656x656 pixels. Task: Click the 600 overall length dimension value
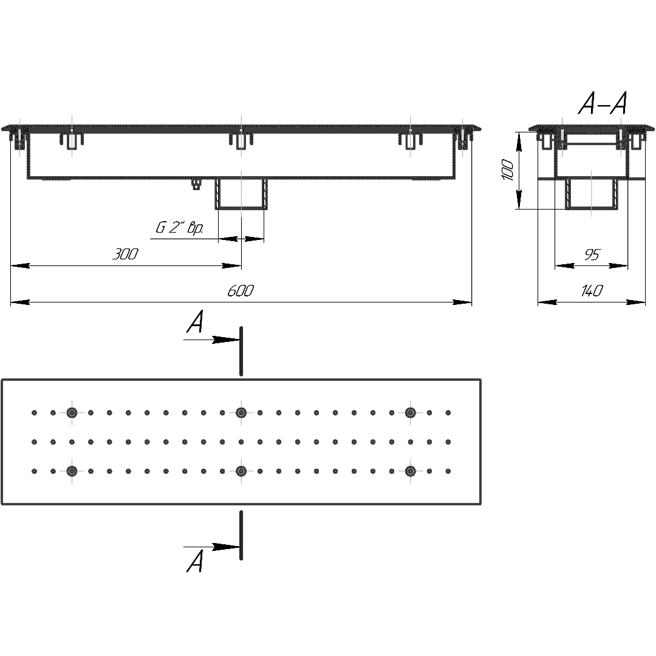pyautogui.click(x=241, y=290)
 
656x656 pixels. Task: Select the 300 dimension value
pyautogui.click(x=125, y=254)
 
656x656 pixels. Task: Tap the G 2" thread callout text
pyautogui.click(x=179, y=228)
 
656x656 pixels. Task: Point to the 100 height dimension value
pyautogui.click(x=508, y=169)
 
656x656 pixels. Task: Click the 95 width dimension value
pyautogui.click(x=592, y=255)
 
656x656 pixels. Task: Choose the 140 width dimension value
pyautogui.click(x=592, y=290)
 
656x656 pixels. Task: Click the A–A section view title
pyautogui.click(x=603, y=103)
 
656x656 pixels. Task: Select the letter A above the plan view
pyautogui.click(x=195, y=321)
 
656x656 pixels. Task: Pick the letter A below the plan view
pyautogui.click(x=195, y=561)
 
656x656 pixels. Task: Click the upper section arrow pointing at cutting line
pyautogui.click(x=212, y=340)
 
